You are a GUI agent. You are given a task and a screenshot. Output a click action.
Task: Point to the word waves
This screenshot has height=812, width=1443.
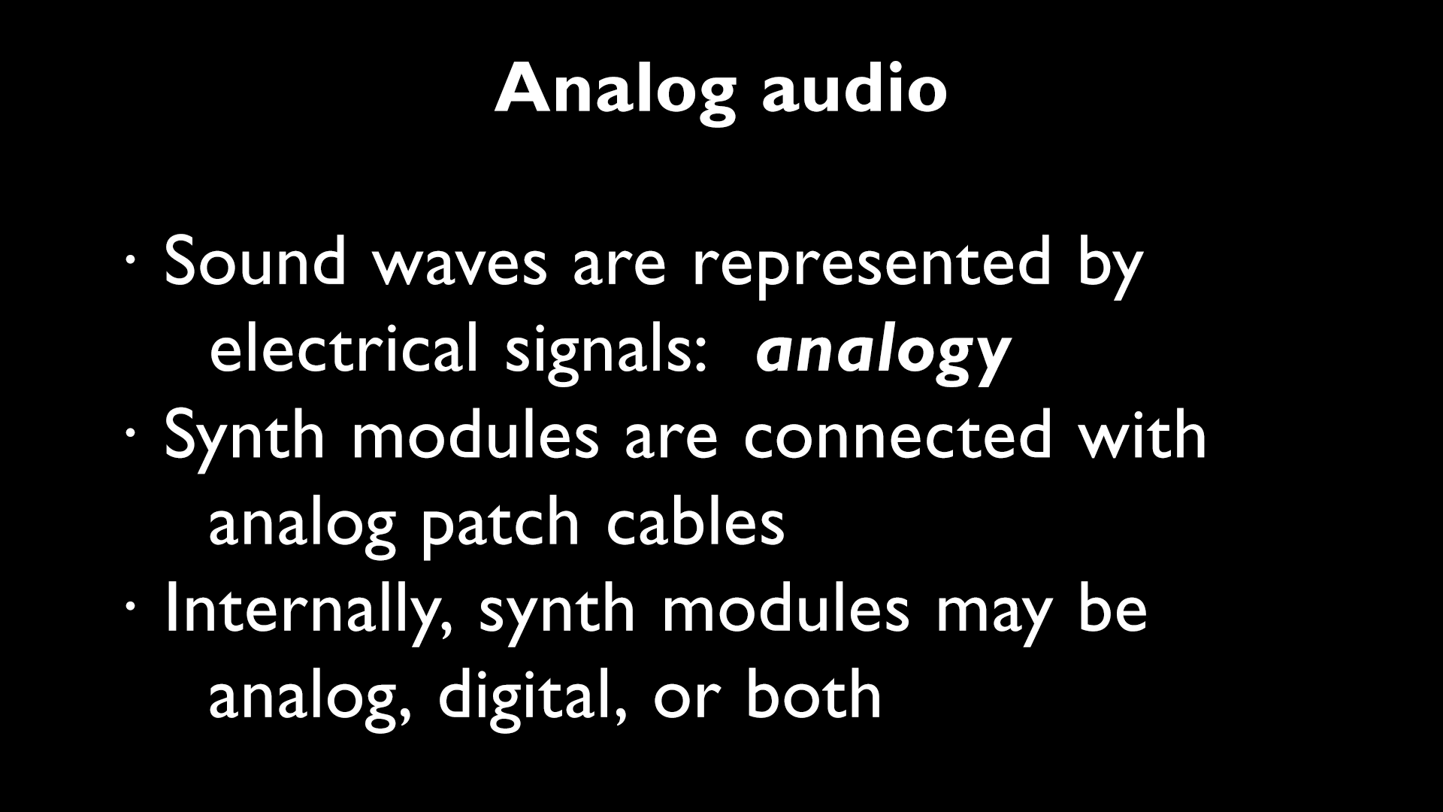[x=461, y=263]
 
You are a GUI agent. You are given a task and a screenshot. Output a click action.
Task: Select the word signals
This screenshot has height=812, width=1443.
[x=607, y=350]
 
